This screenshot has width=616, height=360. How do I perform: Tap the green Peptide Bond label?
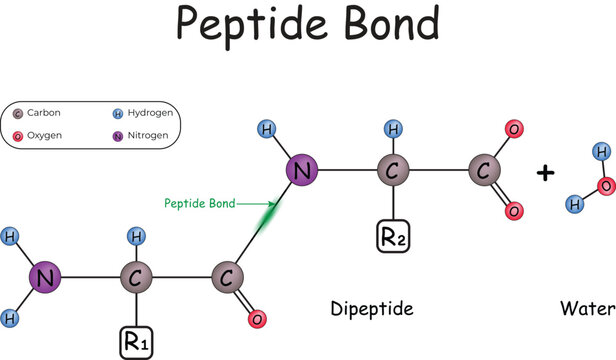(200, 203)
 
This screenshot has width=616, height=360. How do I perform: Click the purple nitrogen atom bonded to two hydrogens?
(43, 278)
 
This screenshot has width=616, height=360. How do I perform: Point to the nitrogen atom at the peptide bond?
(301, 171)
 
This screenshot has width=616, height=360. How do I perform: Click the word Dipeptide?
(372, 308)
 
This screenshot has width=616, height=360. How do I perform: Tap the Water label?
(586, 308)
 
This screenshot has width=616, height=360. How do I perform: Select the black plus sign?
(544, 173)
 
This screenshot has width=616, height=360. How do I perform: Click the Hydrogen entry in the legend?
(142, 113)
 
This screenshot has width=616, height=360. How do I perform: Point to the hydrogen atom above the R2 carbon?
(393, 129)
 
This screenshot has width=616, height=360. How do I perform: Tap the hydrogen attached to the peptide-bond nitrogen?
(266, 129)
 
